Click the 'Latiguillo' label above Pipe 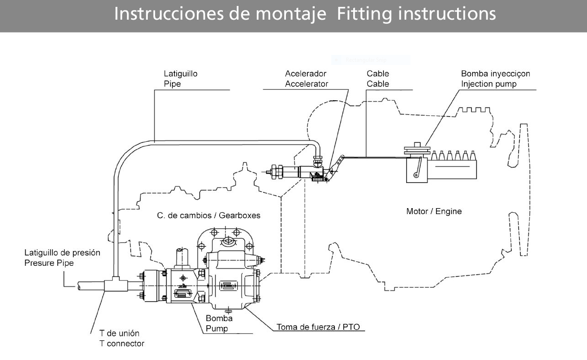click(x=181, y=73)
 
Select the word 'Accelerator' click(x=307, y=84)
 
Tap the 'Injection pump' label click(x=489, y=84)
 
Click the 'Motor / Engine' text click(x=434, y=211)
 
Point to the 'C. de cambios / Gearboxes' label click(x=209, y=215)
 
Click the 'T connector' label click(x=122, y=343)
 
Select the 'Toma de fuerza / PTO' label click(x=318, y=327)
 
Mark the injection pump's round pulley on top click(x=417, y=149)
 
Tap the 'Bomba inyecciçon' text click(x=495, y=73)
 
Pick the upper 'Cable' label click(x=378, y=73)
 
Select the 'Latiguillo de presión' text click(x=62, y=253)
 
